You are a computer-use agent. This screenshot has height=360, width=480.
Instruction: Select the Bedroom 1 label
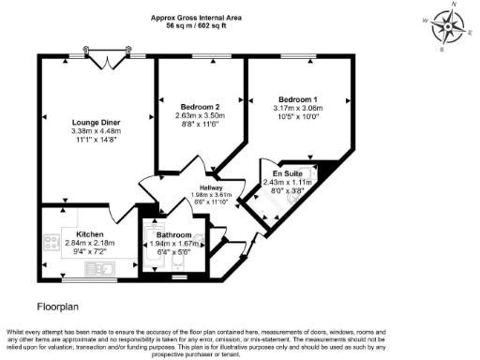tap(297, 98)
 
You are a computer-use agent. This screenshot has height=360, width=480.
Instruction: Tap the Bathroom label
tap(174, 234)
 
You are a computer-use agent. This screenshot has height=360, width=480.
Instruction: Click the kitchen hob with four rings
tap(50, 240)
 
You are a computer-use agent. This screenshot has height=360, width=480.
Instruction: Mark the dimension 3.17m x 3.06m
tap(297, 108)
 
